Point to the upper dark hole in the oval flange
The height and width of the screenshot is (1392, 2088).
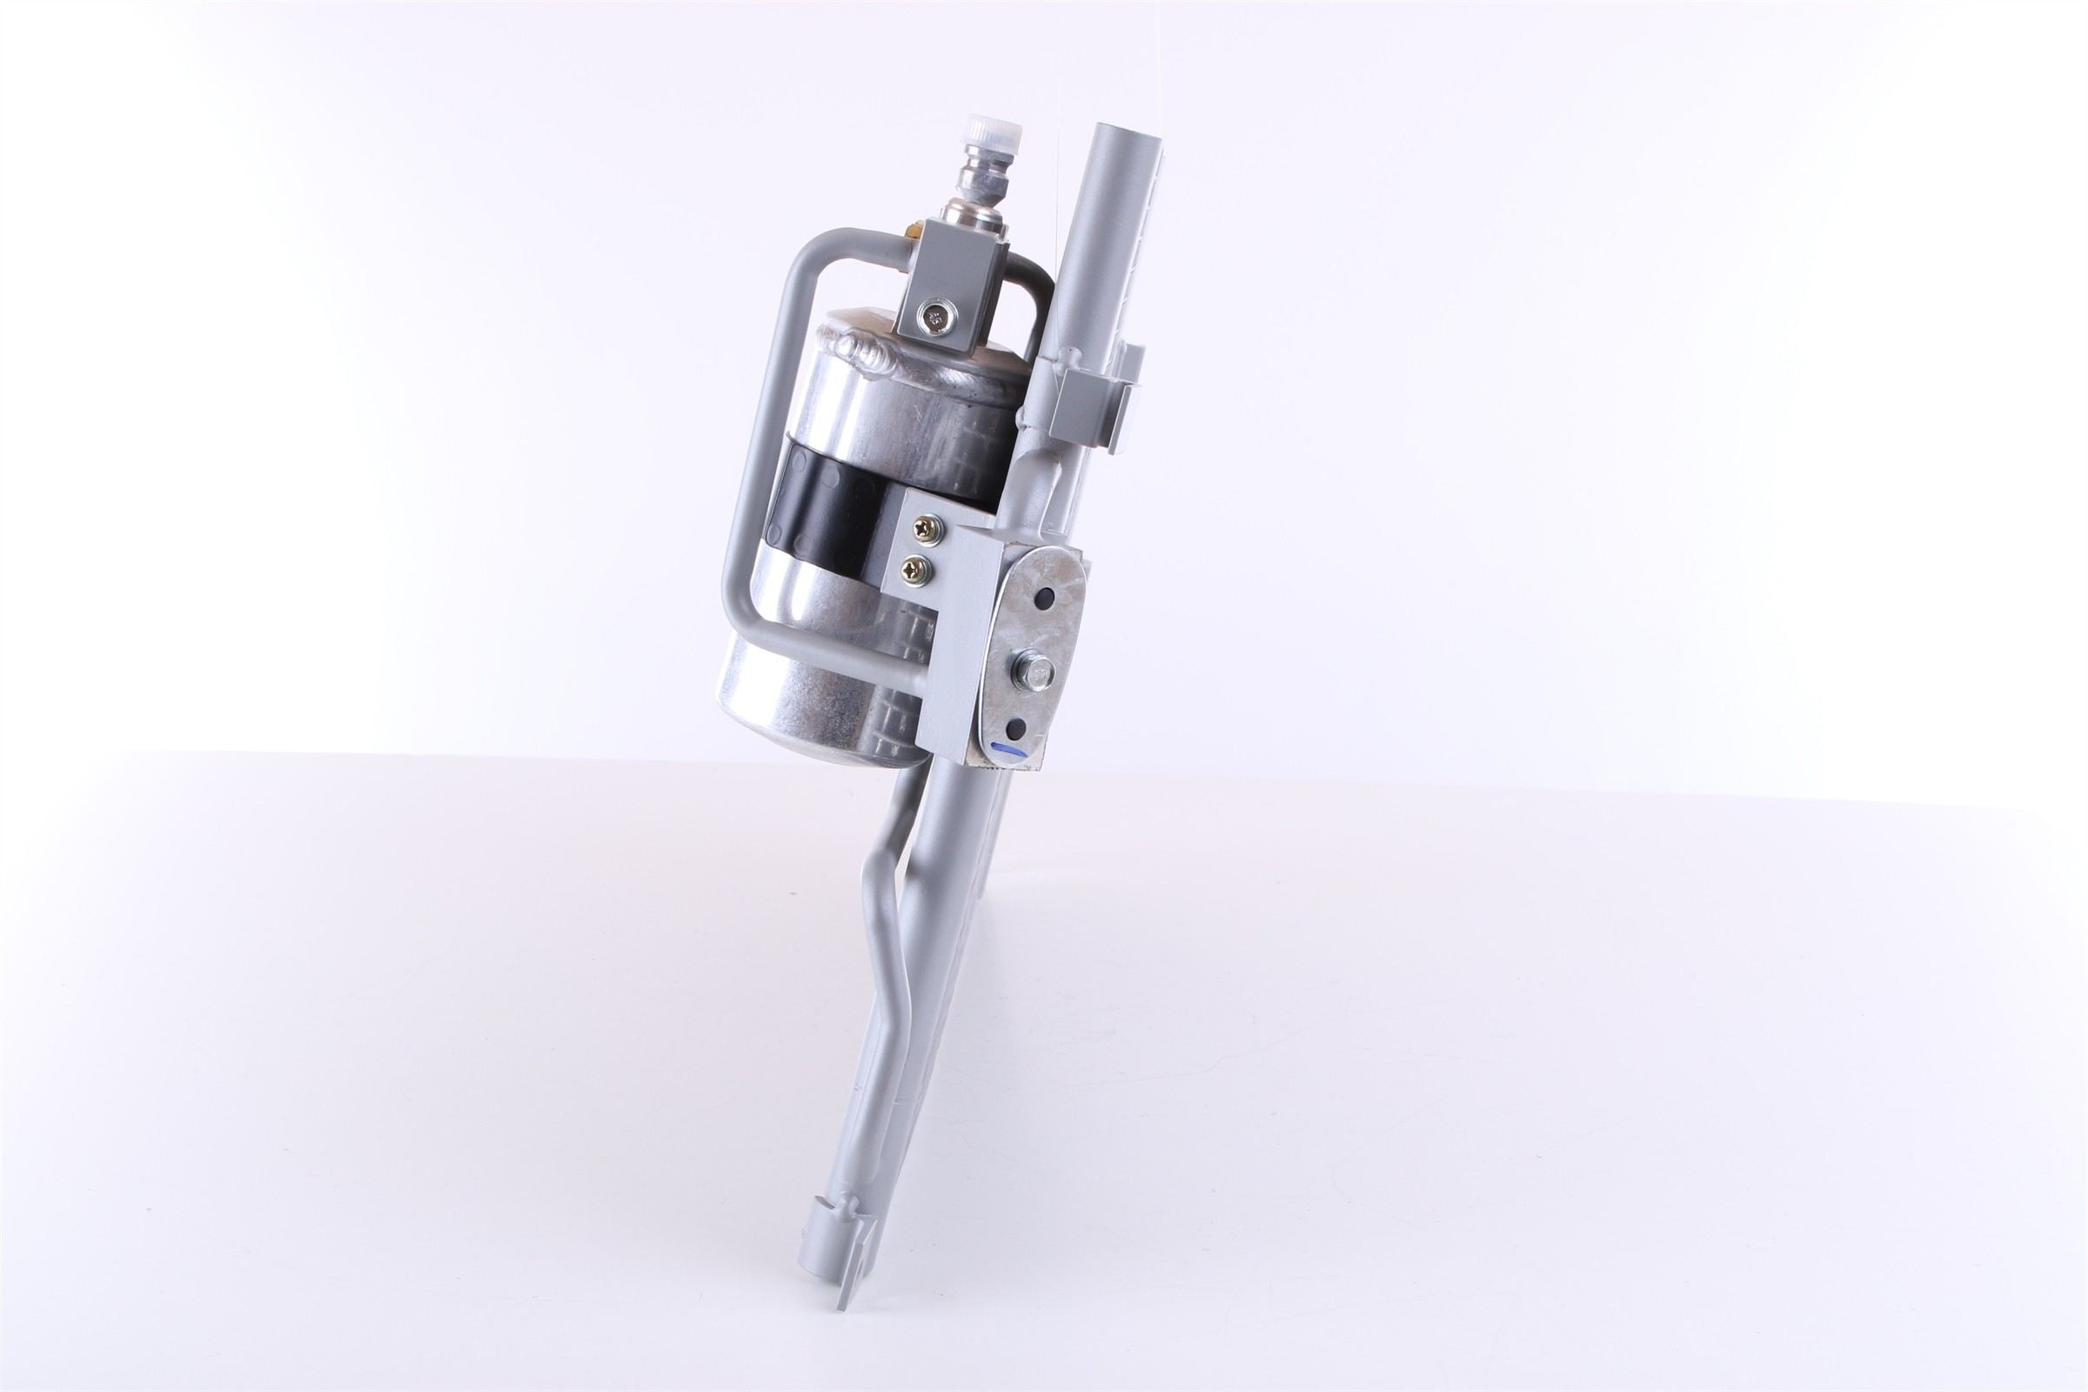coord(1049,598)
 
